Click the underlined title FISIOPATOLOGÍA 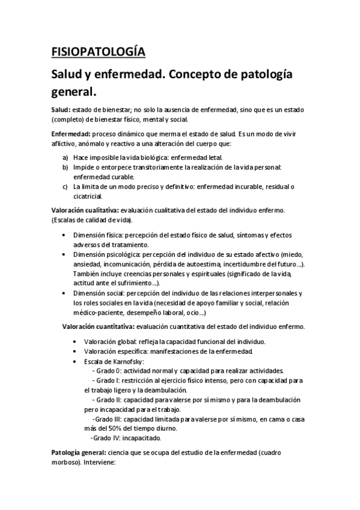[x=98, y=52]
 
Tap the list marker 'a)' [x=64, y=156]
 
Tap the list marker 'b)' [x=64, y=167]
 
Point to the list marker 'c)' [x=64, y=187]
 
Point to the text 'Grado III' [x=108, y=419]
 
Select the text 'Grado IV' [x=105, y=438]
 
